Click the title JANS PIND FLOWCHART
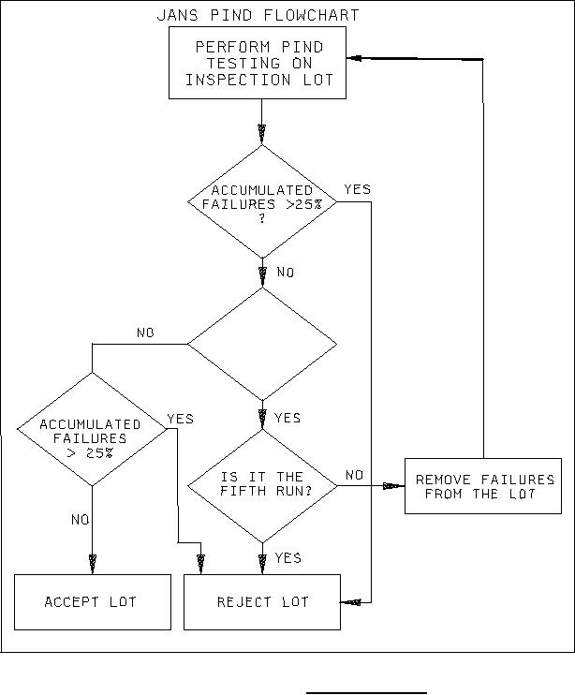tap(259, 16)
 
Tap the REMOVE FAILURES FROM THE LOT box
tap(484, 486)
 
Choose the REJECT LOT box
tap(262, 601)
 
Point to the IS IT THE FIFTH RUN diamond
tap(262, 486)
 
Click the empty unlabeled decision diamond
tap(262, 344)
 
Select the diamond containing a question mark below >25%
tap(262, 200)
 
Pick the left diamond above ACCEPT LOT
tap(91, 430)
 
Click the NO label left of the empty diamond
tap(146, 333)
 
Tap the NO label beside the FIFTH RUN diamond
tap(354, 476)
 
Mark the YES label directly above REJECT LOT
tap(287, 558)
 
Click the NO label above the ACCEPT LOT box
tap(81, 519)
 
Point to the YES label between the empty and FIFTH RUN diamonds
tap(287, 418)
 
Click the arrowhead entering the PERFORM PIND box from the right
tap(354, 57)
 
